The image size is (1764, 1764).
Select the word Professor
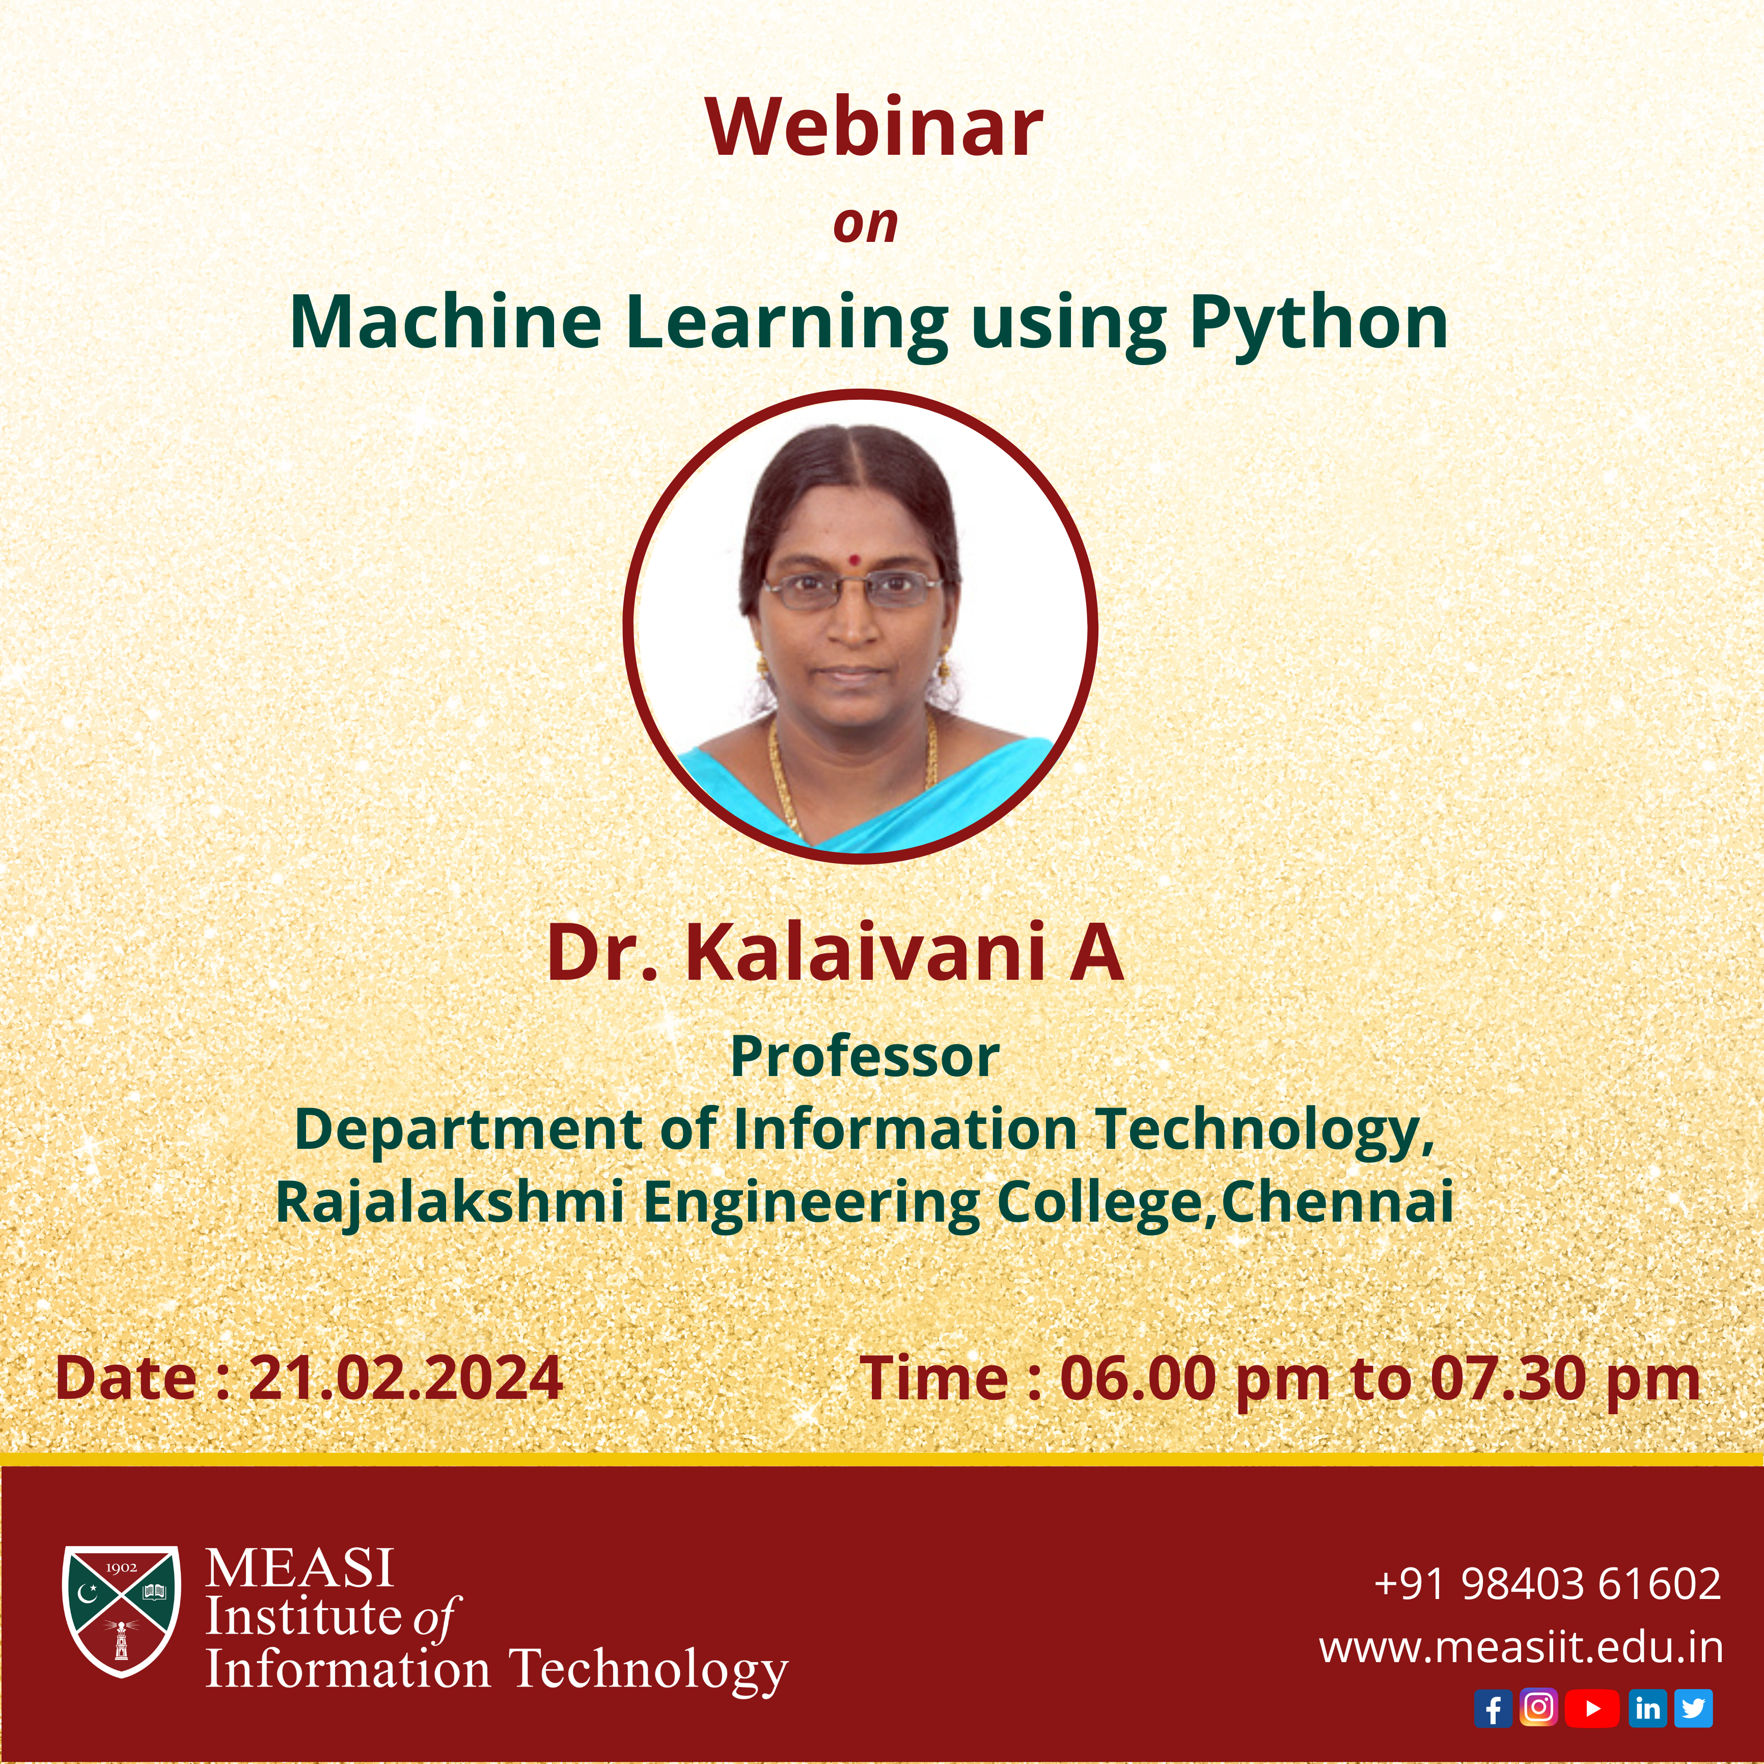click(865, 1056)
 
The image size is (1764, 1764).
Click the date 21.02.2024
click(405, 1378)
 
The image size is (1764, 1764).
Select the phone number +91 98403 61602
click(1548, 1583)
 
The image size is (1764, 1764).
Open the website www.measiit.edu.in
click(1521, 1648)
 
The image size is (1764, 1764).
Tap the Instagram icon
click(1538, 1707)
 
